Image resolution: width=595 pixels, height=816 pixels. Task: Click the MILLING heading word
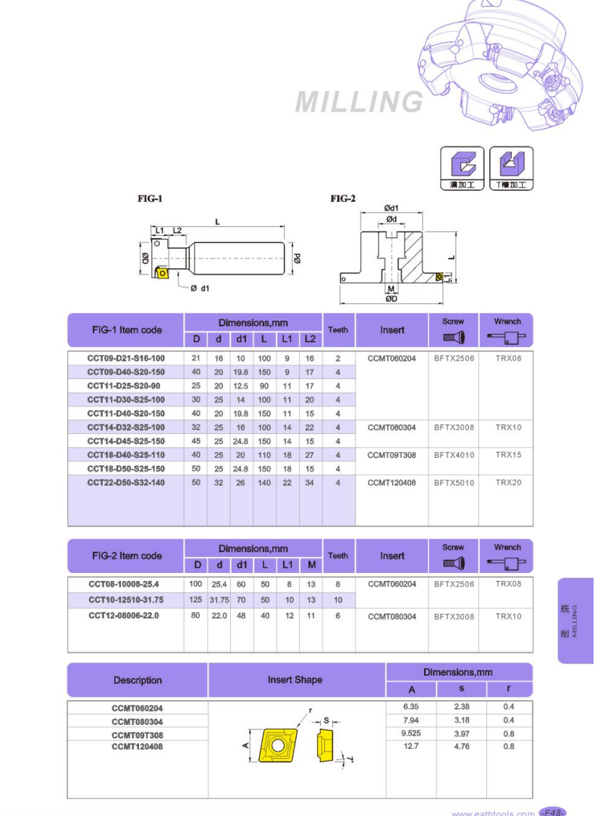(x=359, y=103)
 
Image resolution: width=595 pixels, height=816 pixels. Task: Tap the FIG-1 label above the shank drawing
(x=151, y=198)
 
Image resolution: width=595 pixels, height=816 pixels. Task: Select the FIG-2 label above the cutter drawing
(x=343, y=198)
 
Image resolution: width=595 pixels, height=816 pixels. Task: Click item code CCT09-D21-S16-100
(x=126, y=358)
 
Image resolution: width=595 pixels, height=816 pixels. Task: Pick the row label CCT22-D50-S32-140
(x=126, y=483)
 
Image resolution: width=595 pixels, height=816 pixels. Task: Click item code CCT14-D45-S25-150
(x=126, y=441)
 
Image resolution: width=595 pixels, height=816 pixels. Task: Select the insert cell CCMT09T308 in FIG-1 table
(x=392, y=455)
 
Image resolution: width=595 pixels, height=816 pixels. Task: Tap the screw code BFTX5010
(x=454, y=483)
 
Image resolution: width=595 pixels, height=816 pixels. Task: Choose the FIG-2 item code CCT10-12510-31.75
(x=126, y=600)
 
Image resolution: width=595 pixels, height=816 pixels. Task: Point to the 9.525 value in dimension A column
(x=411, y=734)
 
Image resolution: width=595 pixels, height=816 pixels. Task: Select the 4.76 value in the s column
(x=461, y=747)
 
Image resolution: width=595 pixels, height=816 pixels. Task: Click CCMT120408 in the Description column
(x=138, y=747)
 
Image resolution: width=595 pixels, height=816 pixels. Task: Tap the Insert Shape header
(x=295, y=680)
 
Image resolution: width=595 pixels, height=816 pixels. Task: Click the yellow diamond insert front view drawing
(x=276, y=745)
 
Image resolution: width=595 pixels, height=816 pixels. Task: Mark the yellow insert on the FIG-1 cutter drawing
(x=164, y=273)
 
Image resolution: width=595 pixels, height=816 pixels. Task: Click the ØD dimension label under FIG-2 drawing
(x=391, y=298)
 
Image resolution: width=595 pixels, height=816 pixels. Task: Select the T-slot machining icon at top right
(x=511, y=168)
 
